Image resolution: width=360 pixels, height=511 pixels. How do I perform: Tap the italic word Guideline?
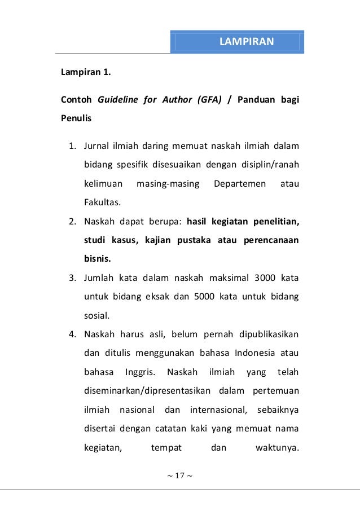coord(118,101)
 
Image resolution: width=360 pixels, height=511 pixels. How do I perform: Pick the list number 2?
coord(72,222)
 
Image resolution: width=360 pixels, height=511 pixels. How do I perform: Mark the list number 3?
coord(72,277)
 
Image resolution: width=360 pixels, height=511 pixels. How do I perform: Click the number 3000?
coord(266,277)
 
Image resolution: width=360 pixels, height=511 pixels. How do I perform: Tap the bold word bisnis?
coord(98,259)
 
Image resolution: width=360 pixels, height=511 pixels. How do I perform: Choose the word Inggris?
coord(137,372)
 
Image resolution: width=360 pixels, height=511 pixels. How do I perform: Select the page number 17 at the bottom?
coord(179,475)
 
